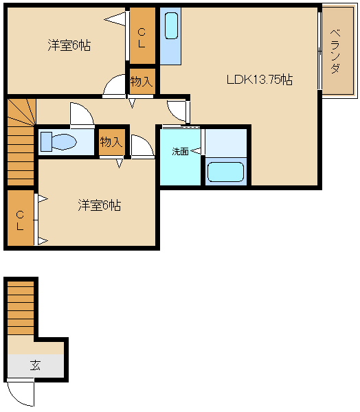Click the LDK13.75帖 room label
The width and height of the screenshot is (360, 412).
pos(260,80)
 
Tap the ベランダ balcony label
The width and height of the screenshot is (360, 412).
pos(335,51)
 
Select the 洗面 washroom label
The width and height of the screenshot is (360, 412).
pos(180,151)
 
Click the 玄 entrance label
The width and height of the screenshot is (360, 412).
pos(35,365)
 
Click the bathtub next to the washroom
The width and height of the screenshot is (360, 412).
pos(225,172)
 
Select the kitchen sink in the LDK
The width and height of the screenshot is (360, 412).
pos(171,26)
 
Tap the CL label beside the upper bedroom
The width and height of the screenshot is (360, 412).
pos(142,38)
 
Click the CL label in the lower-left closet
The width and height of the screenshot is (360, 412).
pos(20,220)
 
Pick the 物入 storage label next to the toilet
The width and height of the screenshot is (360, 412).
pos(111,142)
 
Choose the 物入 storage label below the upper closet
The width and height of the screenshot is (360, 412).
pos(142,81)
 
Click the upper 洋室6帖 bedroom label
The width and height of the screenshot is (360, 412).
pos(69,45)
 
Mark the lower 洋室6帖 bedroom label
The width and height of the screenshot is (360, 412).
pos(100,205)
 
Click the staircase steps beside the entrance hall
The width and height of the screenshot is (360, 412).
pos(21,308)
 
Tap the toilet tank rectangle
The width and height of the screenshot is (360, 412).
pos(46,142)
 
